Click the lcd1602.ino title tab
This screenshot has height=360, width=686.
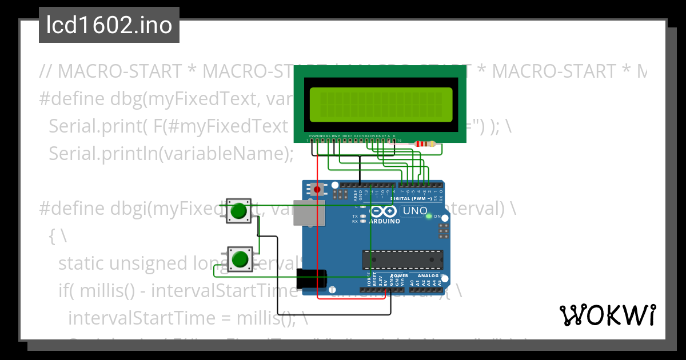click(x=109, y=25)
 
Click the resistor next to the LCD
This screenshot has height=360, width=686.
click(x=424, y=145)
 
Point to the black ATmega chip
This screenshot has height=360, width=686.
click(x=402, y=259)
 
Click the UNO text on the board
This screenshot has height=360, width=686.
click(x=415, y=211)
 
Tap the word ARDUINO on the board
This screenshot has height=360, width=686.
click(x=385, y=221)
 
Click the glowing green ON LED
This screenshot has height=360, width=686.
click(x=429, y=217)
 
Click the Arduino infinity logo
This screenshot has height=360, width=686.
click(x=386, y=210)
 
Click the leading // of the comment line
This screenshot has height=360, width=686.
click(x=46, y=71)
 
